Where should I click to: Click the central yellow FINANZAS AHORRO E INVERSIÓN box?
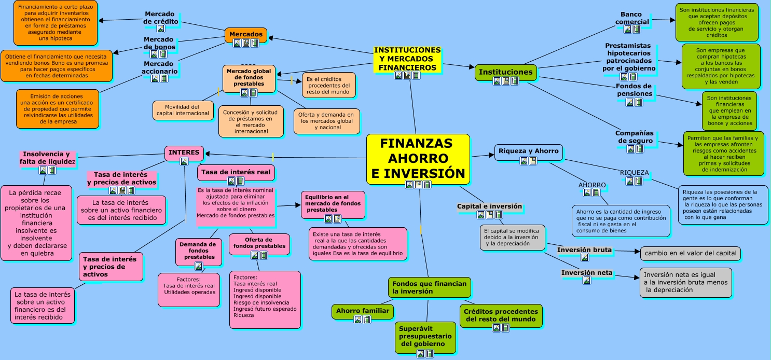pyautogui.click(x=418, y=159)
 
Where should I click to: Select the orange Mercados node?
pyautogui.click(x=246, y=34)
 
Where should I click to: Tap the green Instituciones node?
pyautogui.click(x=506, y=72)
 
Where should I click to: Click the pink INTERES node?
pyautogui.click(x=184, y=153)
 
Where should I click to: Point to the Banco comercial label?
pyautogui.click(x=632, y=18)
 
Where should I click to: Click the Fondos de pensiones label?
pyautogui.click(x=634, y=90)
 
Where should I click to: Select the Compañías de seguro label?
pyautogui.click(x=635, y=137)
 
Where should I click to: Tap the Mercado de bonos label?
pyautogui.click(x=159, y=44)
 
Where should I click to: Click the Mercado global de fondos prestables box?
pyautogui.click(x=249, y=78)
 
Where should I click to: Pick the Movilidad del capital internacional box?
pyautogui.click(x=183, y=110)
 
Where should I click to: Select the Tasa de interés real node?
pyautogui.click(x=236, y=172)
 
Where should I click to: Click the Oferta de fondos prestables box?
pyautogui.click(x=259, y=244)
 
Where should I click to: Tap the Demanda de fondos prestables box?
pyautogui.click(x=198, y=252)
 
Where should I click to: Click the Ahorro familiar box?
pyautogui.click(x=363, y=311)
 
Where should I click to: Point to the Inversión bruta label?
pyautogui.click(x=584, y=250)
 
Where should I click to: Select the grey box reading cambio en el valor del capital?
pyautogui.click(x=690, y=254)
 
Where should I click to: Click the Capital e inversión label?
pyautogui.click(x=489, y=206)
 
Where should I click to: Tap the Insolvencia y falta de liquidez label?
pyautogui.click(x=47, y=158)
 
